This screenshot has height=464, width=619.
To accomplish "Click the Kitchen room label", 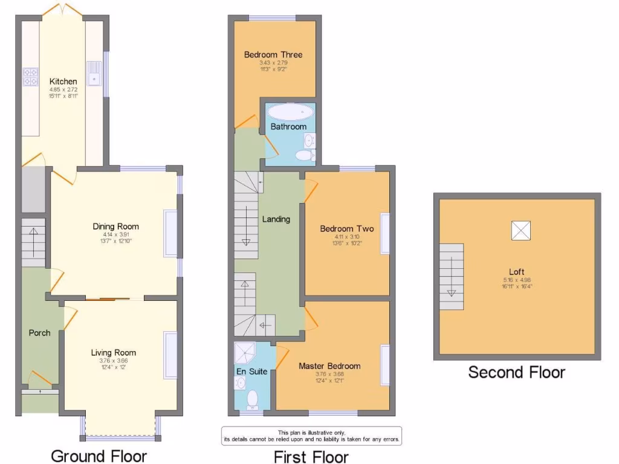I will point(63,82).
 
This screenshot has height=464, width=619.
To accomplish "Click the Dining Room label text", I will point(115,227).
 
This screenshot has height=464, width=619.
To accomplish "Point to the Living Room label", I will point(114,352).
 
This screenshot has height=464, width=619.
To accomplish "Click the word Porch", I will point(39,333).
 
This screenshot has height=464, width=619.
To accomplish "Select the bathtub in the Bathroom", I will point(290,112).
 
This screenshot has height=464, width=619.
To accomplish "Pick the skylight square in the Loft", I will point(520,230).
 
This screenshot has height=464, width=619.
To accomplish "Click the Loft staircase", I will point(451,277).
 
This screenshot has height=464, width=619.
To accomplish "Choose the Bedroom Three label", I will point(273,54).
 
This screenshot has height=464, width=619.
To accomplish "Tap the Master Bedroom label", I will point(329,366).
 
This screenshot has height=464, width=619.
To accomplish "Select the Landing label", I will point(276,219).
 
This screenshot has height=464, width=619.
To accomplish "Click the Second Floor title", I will point(517,372).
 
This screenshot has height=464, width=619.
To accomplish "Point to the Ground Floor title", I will point(99,455).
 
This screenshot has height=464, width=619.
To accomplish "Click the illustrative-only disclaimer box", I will point(311,436).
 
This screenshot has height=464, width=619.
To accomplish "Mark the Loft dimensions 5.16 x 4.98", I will point(516,280).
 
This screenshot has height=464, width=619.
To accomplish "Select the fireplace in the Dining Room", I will point(171,234).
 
